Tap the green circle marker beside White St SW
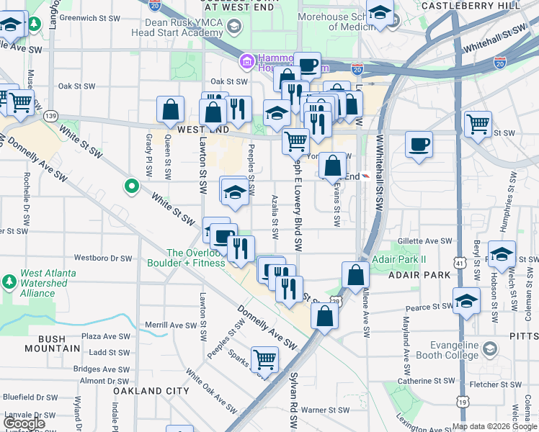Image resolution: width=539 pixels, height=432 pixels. pyautogui.click(x=131, y=187)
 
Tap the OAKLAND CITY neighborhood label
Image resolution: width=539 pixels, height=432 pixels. pyautogui.click(x=151, y=391)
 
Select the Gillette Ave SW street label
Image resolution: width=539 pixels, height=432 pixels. pyautogui.click(x=425, y=241)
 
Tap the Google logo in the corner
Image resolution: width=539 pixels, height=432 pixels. pyautogui.click(x=24, y=423)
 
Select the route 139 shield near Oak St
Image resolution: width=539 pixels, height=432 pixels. pyautogui.click(x=50, y=115)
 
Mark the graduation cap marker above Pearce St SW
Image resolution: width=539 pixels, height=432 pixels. pyautogui.click(x=466, y=302)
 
